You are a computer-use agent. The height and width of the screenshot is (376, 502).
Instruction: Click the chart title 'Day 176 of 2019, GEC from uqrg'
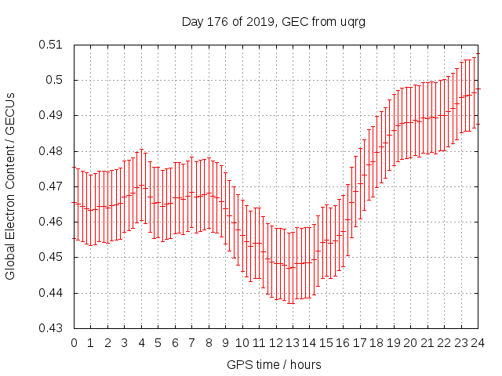coord(274,22)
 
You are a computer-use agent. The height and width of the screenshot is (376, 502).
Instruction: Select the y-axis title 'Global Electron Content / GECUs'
coord(11,186)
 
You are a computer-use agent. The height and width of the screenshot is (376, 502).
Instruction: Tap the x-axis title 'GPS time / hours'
coord(274,364)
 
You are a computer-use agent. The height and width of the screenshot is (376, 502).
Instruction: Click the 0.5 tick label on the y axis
coord(56,80)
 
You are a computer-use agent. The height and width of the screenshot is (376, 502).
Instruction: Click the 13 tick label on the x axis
coord(293,343)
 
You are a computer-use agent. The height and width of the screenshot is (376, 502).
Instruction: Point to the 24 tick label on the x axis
coord(478,343)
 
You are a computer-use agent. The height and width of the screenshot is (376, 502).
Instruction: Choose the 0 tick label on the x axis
coord(75,343)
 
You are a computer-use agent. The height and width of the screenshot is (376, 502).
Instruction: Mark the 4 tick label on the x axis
coord(142,343)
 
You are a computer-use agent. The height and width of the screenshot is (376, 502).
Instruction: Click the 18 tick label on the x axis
coord(376,343)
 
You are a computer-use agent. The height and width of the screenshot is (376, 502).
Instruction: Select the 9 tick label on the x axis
coord(226,343)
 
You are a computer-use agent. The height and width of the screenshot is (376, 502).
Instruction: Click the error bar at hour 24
coord(478,89)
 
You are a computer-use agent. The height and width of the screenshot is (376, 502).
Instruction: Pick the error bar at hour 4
coord(142,185)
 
